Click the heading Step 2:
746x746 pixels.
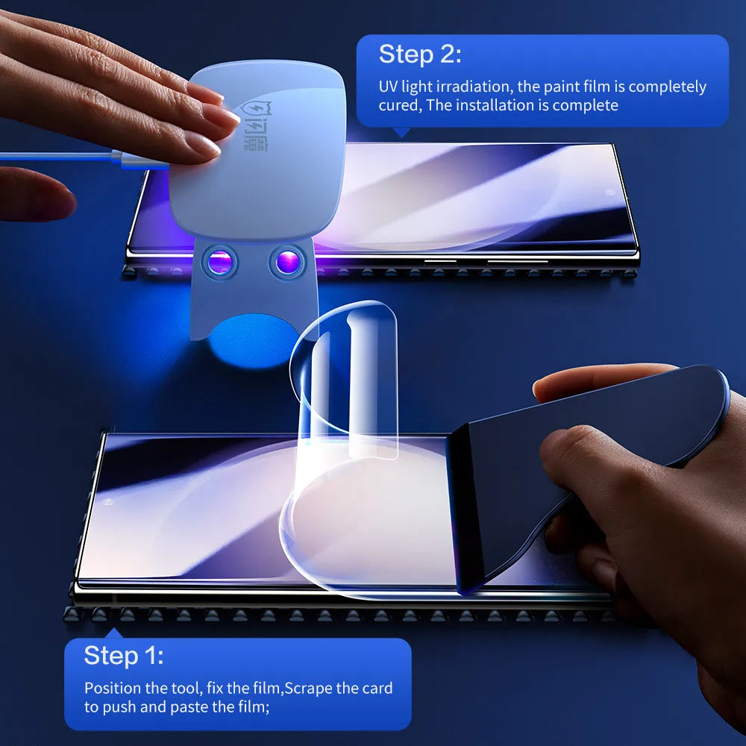click(x=420, y=54)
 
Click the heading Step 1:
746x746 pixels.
click(x=123, y=656)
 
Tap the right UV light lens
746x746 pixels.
click(x=287, y=262)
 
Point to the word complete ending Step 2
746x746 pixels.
click(x=588, y=105)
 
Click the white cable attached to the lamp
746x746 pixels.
click(x=60, y=157)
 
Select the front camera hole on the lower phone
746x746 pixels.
click(x=109, y=502)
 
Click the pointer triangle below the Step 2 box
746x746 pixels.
click(x=401, y=133)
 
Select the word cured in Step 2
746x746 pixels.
click(x=399, y=105)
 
